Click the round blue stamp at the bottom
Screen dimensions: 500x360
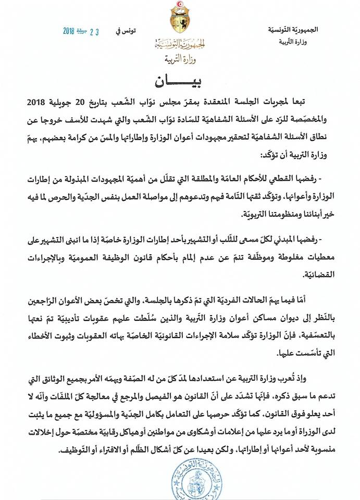tap(180, 480)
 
